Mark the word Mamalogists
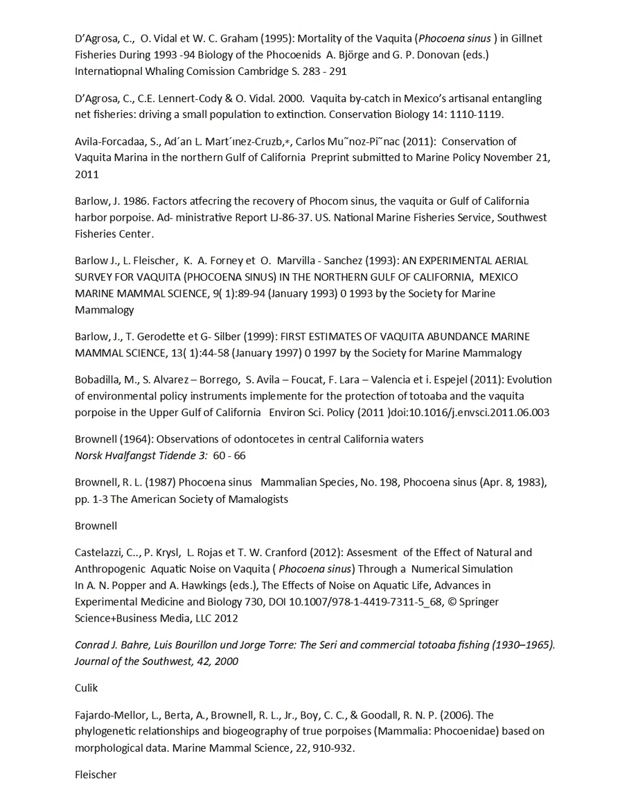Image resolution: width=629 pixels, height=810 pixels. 254,499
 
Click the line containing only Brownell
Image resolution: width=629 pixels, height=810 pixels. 96,526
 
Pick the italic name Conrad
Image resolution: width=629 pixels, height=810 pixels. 94,645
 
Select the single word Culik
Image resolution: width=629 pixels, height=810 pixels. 87,688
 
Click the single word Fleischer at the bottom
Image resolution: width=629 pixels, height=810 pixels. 96,775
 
